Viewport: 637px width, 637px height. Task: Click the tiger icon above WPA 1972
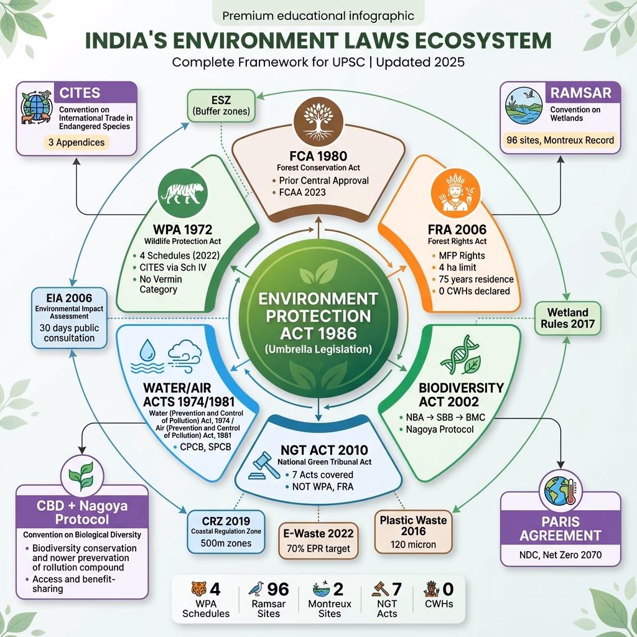tap(183, 193)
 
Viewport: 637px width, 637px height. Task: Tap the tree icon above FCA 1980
tap(318, 122)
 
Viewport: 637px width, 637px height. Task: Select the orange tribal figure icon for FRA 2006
tap(455, 193)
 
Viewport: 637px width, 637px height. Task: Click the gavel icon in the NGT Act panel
tap(264, 465)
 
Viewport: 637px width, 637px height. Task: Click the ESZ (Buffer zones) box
tap(221, 106)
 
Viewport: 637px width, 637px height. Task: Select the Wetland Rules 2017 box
tap(567, 318)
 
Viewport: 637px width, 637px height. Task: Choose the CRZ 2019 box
tap(226, 532)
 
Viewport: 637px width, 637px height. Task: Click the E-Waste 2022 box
tap(318, 541)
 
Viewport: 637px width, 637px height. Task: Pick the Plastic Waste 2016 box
tap(413, 532)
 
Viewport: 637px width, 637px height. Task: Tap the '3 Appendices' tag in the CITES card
tap(77, 142)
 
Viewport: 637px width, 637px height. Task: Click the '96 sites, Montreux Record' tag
tap(560, 141)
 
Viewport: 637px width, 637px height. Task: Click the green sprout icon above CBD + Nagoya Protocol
tap(82, 476)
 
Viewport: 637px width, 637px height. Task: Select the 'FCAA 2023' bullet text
tap(302, 192)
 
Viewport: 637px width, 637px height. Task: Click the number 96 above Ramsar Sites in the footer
tap(278, 589)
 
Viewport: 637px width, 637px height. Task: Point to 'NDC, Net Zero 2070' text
tap(560, 555)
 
